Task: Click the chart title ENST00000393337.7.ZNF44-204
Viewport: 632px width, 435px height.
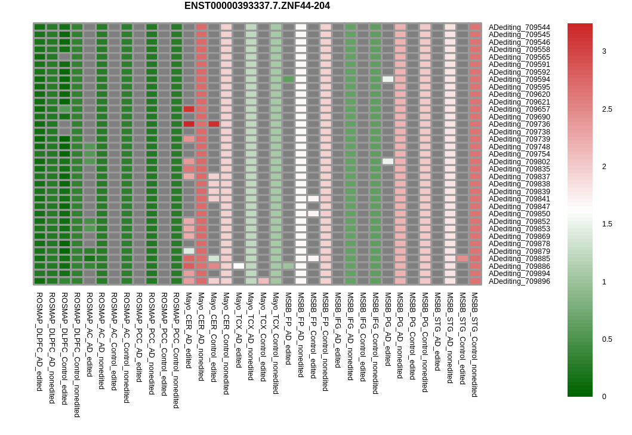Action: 257,6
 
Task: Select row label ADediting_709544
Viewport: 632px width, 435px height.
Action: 519,27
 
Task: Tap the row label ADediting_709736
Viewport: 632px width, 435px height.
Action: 519,124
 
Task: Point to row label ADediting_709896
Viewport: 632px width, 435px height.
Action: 519,281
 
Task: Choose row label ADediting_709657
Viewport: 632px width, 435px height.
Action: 519,109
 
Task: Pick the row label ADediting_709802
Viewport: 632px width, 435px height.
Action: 519,162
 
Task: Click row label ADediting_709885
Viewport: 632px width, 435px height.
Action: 519,259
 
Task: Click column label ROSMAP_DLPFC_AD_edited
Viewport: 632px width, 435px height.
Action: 39,342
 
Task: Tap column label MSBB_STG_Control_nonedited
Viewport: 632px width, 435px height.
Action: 474,345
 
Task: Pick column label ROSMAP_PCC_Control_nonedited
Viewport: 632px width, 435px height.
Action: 176,351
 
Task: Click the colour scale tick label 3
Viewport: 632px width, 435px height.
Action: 604,51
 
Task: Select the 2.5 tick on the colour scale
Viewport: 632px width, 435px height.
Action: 607,109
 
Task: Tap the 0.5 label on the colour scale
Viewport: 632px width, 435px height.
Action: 607,339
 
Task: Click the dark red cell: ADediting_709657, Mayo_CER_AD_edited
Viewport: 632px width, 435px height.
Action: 189,109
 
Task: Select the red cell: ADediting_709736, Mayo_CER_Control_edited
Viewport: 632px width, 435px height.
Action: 214,124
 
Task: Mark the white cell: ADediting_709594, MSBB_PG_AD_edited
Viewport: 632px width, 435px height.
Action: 388,79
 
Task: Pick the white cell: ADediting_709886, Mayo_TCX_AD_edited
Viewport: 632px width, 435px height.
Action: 239,266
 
